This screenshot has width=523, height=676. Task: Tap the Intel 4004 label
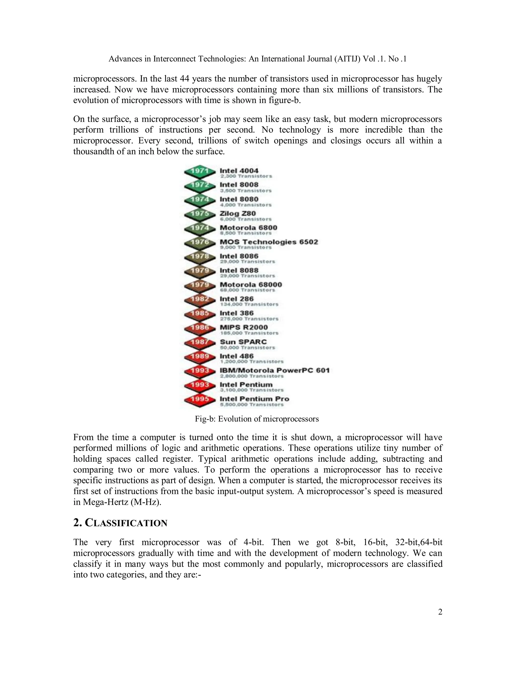(239, 171)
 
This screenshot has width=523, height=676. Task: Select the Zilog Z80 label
(238, 214)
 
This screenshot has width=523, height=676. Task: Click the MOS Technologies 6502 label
(269, 242)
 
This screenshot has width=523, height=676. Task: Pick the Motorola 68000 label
(251, 285)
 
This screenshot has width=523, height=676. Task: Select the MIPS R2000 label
(244, 328)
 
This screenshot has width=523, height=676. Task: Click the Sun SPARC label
(243, 342)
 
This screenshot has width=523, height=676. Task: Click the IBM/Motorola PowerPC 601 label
(275, 370)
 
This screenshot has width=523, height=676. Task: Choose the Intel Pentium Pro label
(254, 399)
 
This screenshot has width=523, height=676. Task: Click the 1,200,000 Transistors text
(252, 361)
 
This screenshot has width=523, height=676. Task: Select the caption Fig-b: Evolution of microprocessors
(257, 419)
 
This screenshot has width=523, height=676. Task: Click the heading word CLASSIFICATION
(126, 523)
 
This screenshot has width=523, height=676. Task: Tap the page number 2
(440, 612)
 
